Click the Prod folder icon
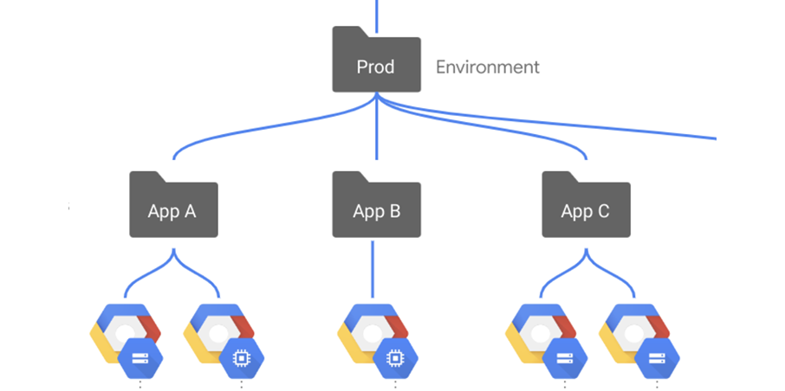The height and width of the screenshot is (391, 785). [377, 60]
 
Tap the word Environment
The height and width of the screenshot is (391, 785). [488, 67]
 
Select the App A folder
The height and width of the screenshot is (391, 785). [173, 204]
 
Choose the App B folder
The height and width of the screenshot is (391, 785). [377, 204]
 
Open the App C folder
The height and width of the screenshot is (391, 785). [587, 204]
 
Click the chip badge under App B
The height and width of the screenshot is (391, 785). [395, 358]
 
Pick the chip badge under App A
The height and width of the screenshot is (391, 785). [242, 358]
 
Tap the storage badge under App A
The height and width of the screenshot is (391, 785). [140, 358]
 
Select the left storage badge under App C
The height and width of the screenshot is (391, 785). [565, 358]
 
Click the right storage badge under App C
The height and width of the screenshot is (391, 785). [657, 358]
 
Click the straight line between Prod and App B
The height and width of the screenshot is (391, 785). [377, 126]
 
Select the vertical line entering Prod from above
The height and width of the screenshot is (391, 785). [377, 16]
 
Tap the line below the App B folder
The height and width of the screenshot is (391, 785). [373, 269]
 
